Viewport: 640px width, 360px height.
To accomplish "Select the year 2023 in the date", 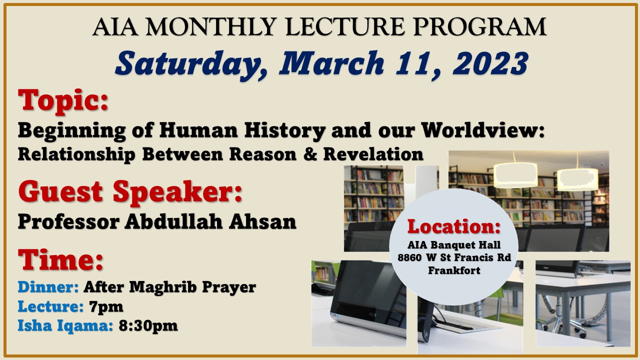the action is click(x=490, y=63).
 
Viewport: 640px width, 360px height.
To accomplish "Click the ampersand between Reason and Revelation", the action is click(x=310, y=154).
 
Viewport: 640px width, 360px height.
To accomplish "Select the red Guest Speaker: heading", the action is click(x=130, y=192).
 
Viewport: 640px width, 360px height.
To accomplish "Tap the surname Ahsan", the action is click(x=262, y=221).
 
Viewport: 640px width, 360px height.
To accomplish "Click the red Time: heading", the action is click(x=60, y=259).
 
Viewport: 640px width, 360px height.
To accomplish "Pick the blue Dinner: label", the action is click(x=48, y=287).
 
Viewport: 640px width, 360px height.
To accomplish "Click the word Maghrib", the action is click(x=163, y=287).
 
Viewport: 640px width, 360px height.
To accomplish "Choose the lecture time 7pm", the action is click(x=106, y=307).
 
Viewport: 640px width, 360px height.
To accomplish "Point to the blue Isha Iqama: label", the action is click(x=65, y=325).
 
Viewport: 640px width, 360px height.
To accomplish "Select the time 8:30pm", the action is click(x=148, y=325).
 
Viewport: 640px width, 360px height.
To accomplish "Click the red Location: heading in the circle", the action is click(x=454, y=226).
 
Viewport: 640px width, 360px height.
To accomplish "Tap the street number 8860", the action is click(x=409, y=257).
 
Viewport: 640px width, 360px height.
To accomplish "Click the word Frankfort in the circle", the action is click(x=454, y=270).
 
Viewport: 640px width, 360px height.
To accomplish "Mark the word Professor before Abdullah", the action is click(x=68, y=221).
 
